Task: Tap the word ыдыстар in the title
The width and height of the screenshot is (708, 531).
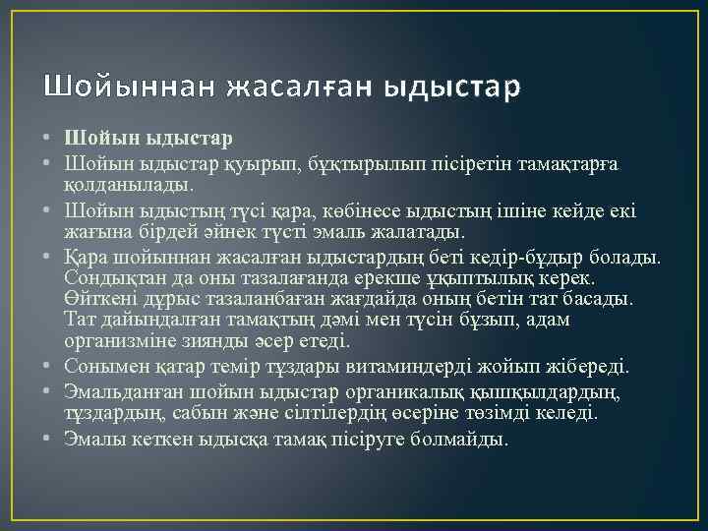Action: [x=451, y=87]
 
